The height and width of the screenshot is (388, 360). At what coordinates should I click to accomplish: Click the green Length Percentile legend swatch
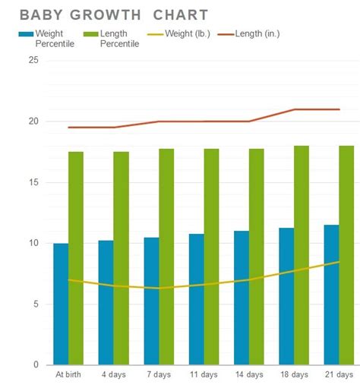89,34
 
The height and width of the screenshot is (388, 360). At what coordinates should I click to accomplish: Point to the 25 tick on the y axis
33,61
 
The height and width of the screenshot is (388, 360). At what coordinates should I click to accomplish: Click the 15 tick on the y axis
33,182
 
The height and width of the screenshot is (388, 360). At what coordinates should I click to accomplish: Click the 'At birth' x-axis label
68,374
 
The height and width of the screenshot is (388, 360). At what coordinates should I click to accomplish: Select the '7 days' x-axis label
159,374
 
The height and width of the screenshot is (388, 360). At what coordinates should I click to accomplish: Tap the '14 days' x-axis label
249,374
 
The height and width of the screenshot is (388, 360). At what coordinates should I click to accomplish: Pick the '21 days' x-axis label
339,374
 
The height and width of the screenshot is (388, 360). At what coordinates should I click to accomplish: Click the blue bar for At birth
61,304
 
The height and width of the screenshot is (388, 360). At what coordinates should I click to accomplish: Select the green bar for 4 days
121,258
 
